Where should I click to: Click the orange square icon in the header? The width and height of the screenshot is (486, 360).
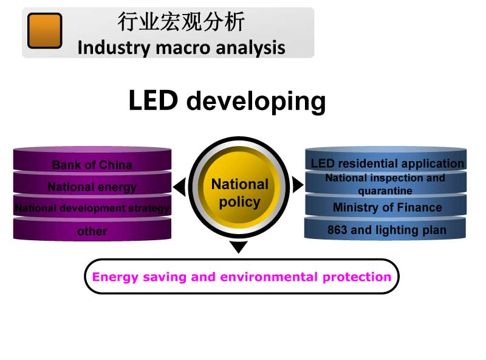pos(44,30)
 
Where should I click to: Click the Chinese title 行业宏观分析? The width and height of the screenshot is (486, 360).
pos(181,22)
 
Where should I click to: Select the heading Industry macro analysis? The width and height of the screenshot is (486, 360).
pos(181,47)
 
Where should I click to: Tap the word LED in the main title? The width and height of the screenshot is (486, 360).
pos(153,100)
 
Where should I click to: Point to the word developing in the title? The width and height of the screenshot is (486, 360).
pos(256,102)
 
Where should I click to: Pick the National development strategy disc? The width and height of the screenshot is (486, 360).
pos(92,209)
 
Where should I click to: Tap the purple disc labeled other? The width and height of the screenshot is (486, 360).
pos(92,231)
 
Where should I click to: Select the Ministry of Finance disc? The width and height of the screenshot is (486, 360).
pos(387,207)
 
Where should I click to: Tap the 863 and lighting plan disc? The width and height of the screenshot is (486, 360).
pos(386,230)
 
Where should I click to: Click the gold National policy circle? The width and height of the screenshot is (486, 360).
pos(239,193)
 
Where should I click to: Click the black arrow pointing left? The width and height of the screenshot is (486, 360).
pos(179,187)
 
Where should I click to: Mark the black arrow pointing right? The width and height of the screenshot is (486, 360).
pos(298,184)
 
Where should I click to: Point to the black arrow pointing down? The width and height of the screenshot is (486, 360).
pos(239,247)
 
